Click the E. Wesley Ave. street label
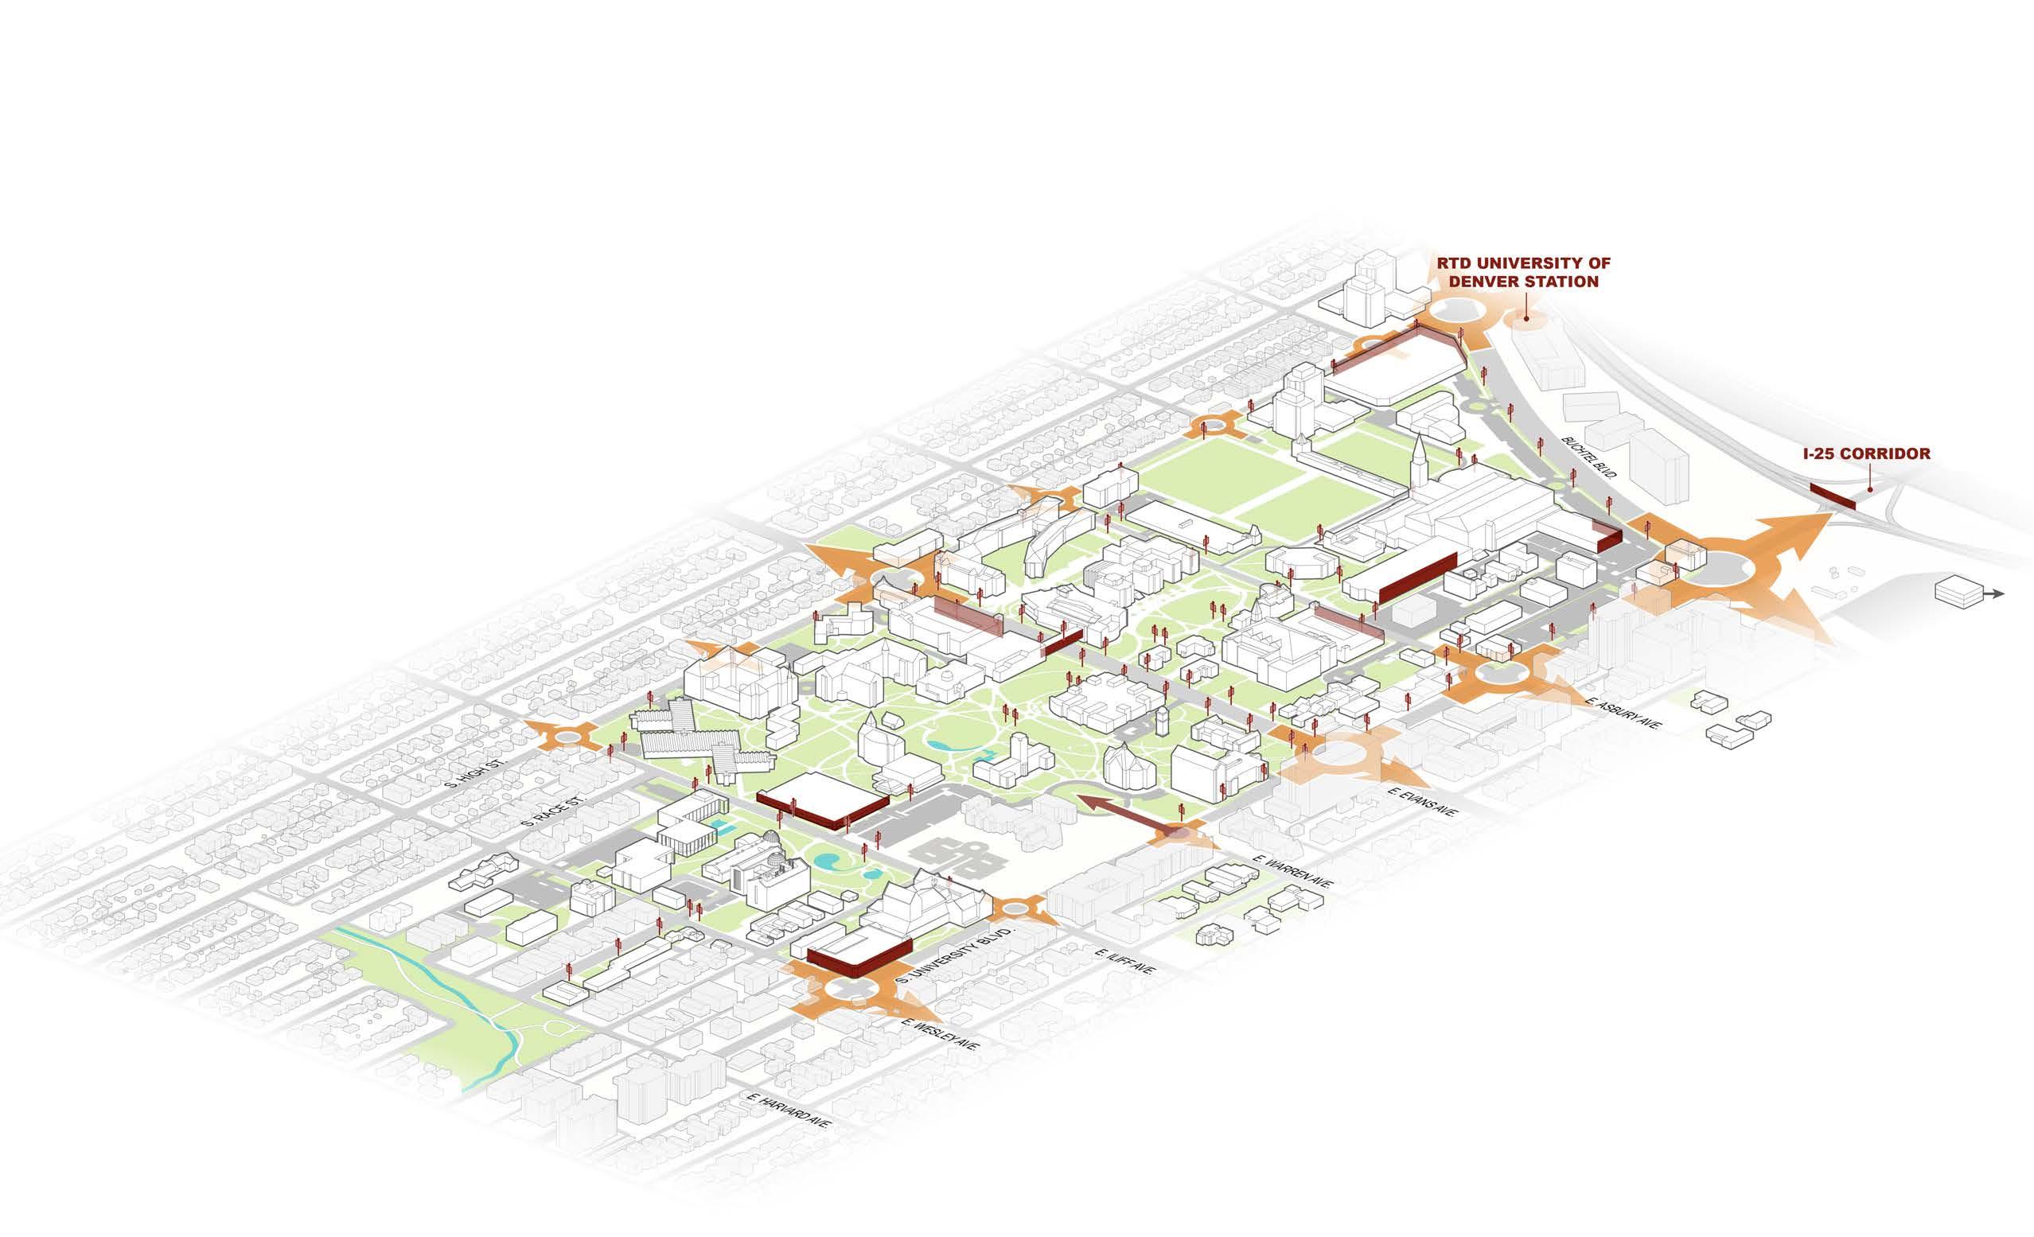point(941,1047)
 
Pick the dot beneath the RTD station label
point(1526,316)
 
